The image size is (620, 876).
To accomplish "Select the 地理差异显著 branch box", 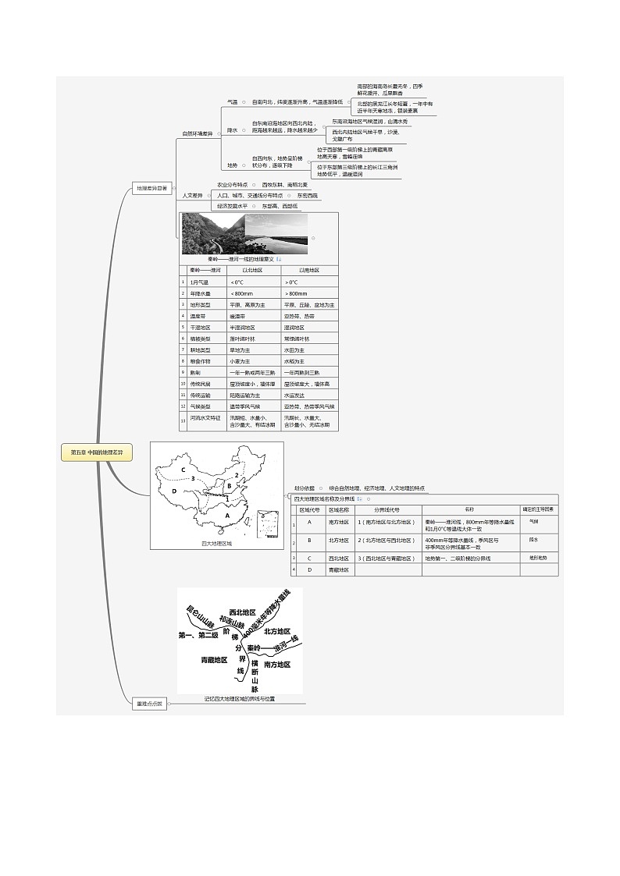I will click(x=151, y=188).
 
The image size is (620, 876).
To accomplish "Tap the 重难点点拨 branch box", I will click(x=149, y=704).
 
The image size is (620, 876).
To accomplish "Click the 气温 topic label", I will click(x=232, y=102).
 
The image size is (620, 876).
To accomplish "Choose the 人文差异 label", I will click(x=192, y=195).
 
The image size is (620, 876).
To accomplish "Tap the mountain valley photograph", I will click(x=213, y=234).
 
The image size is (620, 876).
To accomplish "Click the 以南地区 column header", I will click(x=309, y=270).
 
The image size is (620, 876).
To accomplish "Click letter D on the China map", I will click(x=174, y=491).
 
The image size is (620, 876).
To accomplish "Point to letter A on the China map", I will click(x=227, y=515).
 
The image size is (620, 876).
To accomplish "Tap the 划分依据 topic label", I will click(x=305, y=488).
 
